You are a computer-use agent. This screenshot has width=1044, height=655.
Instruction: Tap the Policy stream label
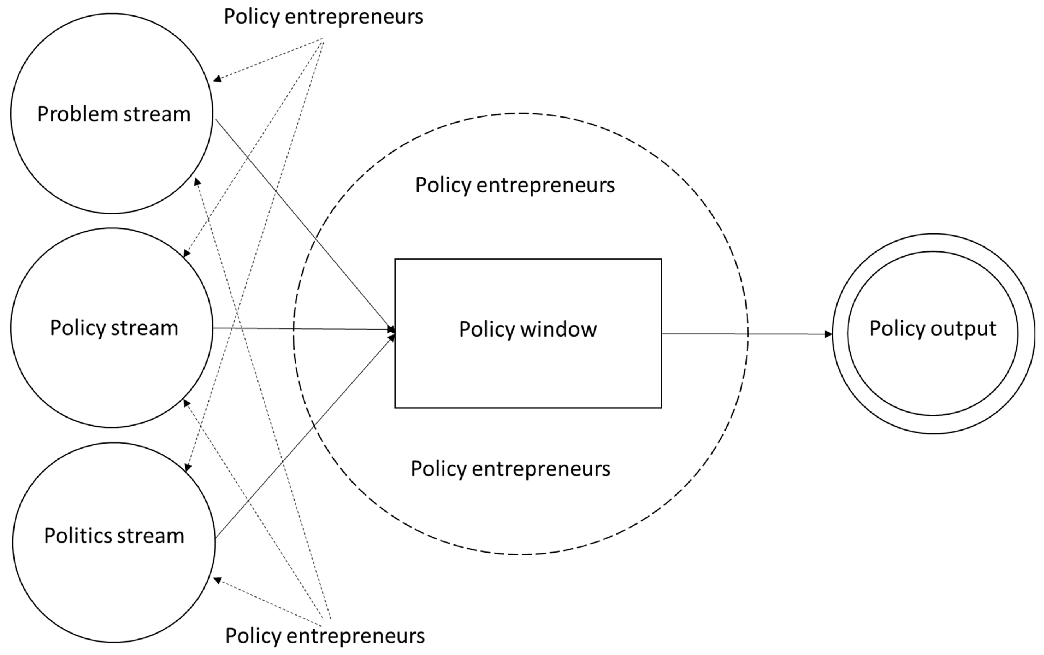(x=114, y=328)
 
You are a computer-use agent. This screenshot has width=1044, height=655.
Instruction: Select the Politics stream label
(x=114, y=536)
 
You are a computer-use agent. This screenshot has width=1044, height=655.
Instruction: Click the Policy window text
(x=527, y=329)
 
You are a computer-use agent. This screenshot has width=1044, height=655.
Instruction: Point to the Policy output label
(x=932, y=328)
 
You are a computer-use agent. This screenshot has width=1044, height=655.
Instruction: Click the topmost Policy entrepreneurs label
(x=323, y=17)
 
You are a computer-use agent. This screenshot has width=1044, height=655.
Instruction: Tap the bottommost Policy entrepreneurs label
(x=325, y=636)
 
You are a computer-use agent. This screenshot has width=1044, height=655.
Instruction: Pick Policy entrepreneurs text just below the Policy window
(x=510, y=469)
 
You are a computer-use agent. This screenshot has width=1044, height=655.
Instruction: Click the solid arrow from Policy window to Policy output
(x=745, y=334)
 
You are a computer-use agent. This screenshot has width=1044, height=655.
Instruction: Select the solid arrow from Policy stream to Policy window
(x=303, y=329)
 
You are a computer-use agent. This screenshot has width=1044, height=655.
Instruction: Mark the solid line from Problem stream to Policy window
(x=303, y=223)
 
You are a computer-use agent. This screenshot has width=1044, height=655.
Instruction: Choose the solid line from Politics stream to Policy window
(x=303, y=438)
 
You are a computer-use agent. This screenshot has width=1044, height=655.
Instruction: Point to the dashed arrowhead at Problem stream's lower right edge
(x=197, y=181)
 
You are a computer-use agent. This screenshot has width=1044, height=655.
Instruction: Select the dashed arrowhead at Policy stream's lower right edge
(x=187, y=403)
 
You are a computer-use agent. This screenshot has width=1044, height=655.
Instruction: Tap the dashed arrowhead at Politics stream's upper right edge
(x=188, y=468)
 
